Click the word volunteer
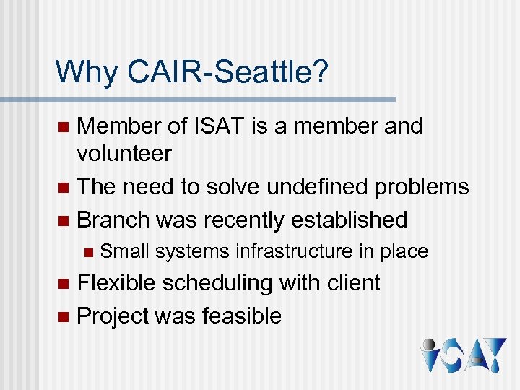[124, 153]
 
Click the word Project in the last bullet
[117, 316]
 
